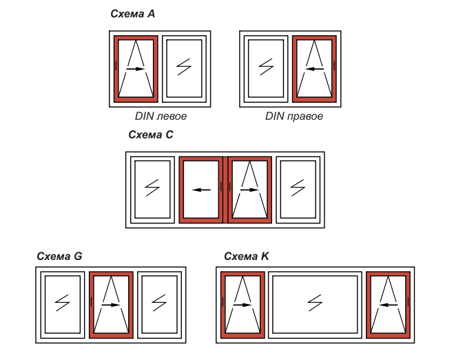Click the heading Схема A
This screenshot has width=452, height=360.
[x=132, y=14]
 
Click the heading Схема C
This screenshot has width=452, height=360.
[x=151, y=135]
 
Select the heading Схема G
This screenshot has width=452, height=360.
[x=60, y=256]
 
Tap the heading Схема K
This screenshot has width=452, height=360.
[x=247, y=256]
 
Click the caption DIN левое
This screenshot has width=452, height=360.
[x=161, y=116]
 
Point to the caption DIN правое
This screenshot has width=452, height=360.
[x=294, y=116]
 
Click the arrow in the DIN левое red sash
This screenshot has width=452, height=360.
[x=136, y=69]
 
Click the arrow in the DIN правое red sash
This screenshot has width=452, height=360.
[x=314, y=69]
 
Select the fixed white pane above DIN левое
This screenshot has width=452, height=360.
[x=184, y=67]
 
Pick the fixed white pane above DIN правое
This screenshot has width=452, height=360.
[x=265, y=67]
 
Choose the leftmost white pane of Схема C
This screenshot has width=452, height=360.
[x=152, y=188]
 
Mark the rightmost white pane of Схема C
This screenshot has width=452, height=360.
[x=298, y=188]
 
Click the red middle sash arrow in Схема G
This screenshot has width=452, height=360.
[x=111, y=303]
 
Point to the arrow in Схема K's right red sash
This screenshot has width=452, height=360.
[x=388, y=303]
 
